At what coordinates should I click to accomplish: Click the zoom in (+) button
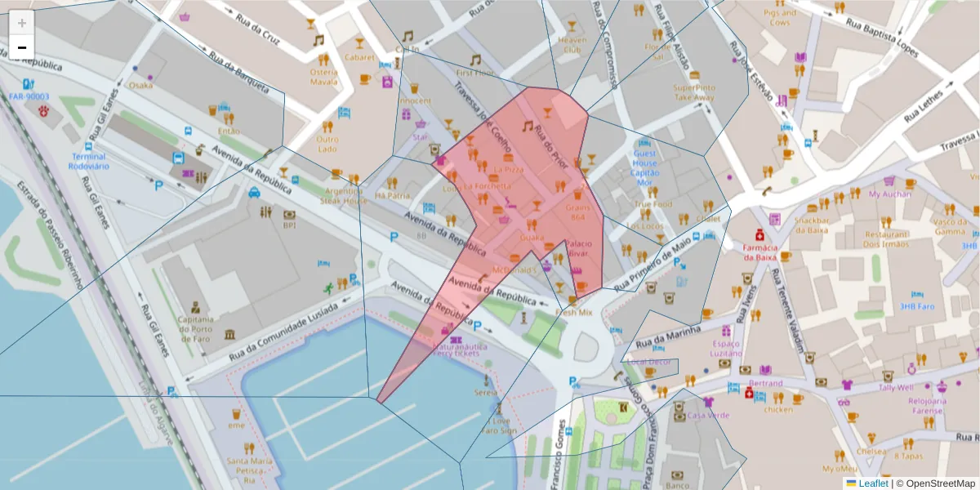(x=22, y=23)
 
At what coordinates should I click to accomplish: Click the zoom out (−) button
(x=22, y=47)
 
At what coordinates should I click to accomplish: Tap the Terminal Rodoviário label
(x=89, y=161)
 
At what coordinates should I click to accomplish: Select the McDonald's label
(x=515, y=269)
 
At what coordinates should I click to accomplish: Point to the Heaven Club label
(x=572, y=45)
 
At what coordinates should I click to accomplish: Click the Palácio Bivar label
(x=578, y=249)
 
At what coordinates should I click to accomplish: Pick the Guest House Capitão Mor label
(x=645, y=163)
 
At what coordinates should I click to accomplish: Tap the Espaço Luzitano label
(x=726, y=347)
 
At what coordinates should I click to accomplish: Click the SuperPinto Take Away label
(x=694, y=92)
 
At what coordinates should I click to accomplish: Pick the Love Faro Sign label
(x=498, y=425)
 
